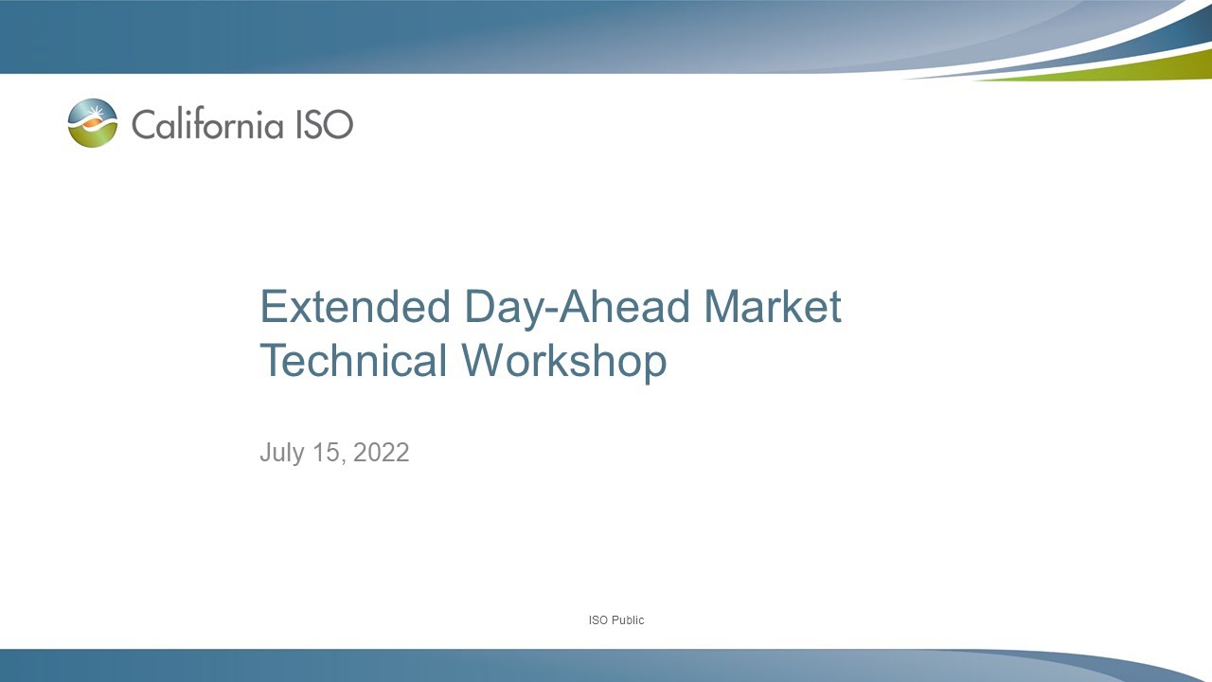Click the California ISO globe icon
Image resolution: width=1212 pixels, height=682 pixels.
93,123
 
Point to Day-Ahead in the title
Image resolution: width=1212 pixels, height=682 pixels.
577,308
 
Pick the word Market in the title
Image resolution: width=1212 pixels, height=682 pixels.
773,308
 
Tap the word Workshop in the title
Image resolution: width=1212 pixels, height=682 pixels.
564,361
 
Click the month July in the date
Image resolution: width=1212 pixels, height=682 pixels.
282,453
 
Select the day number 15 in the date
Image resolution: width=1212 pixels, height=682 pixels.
330,453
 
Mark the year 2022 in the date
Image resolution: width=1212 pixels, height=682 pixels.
382,453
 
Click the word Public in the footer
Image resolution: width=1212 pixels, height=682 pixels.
628,620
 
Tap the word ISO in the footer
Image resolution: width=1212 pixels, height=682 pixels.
598,620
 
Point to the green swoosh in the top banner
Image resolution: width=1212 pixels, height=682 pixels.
1117,67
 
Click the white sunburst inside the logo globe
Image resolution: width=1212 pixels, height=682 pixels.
94,117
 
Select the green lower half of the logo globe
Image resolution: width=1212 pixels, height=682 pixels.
94,136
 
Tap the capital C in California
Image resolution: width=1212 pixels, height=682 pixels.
143,124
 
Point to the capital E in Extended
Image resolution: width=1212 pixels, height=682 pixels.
274,308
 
